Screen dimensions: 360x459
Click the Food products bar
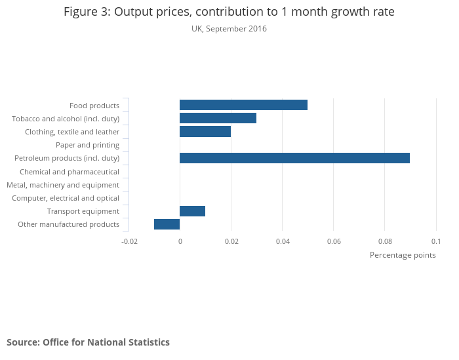[x=243, y=105]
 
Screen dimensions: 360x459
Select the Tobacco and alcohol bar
[x=218, y=118]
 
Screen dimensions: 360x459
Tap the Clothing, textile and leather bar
[x=205, y=132]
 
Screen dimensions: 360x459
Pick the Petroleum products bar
[x=294, y=158]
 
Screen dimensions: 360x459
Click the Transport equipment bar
[x=192, y=211]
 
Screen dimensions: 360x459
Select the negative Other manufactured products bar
[x=167, y=224]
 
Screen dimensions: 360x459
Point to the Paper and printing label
[x=87, y=145]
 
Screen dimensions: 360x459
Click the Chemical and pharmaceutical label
[x=70, y=172]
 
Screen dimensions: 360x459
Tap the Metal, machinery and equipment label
[x=63, y=185]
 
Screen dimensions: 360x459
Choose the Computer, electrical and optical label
[x=66, y=198]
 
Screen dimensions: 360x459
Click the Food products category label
[x=94, y=106]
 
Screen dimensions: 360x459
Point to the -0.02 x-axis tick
[x=129, y=242]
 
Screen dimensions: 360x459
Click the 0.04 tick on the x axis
[x=282, y=242]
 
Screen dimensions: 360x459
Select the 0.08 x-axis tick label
[x=384, y=242]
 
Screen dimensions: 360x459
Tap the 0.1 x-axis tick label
[x=436, y=242]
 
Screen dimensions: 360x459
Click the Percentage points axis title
[x=403, y=255]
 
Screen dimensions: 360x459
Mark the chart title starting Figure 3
[x=229, y=12]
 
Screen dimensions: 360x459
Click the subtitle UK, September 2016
[x=229, y=29]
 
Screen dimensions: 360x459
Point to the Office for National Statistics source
[x=88, y=342]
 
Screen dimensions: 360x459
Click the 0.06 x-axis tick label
[x=333, y=242]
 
